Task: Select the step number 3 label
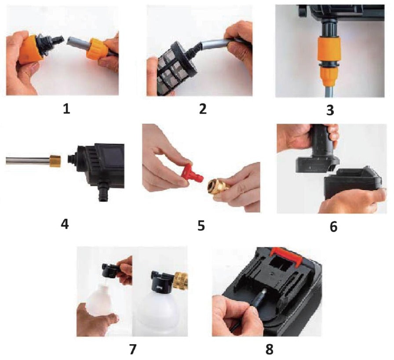[x=330, y=110]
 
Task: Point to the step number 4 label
[x=65, y=224]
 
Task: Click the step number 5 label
[x=201, y=225]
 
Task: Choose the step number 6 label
[x=333, y=226]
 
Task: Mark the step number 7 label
[x=133, y=349]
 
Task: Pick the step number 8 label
[x=269, y=349]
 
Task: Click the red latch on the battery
[x=286, y=254]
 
